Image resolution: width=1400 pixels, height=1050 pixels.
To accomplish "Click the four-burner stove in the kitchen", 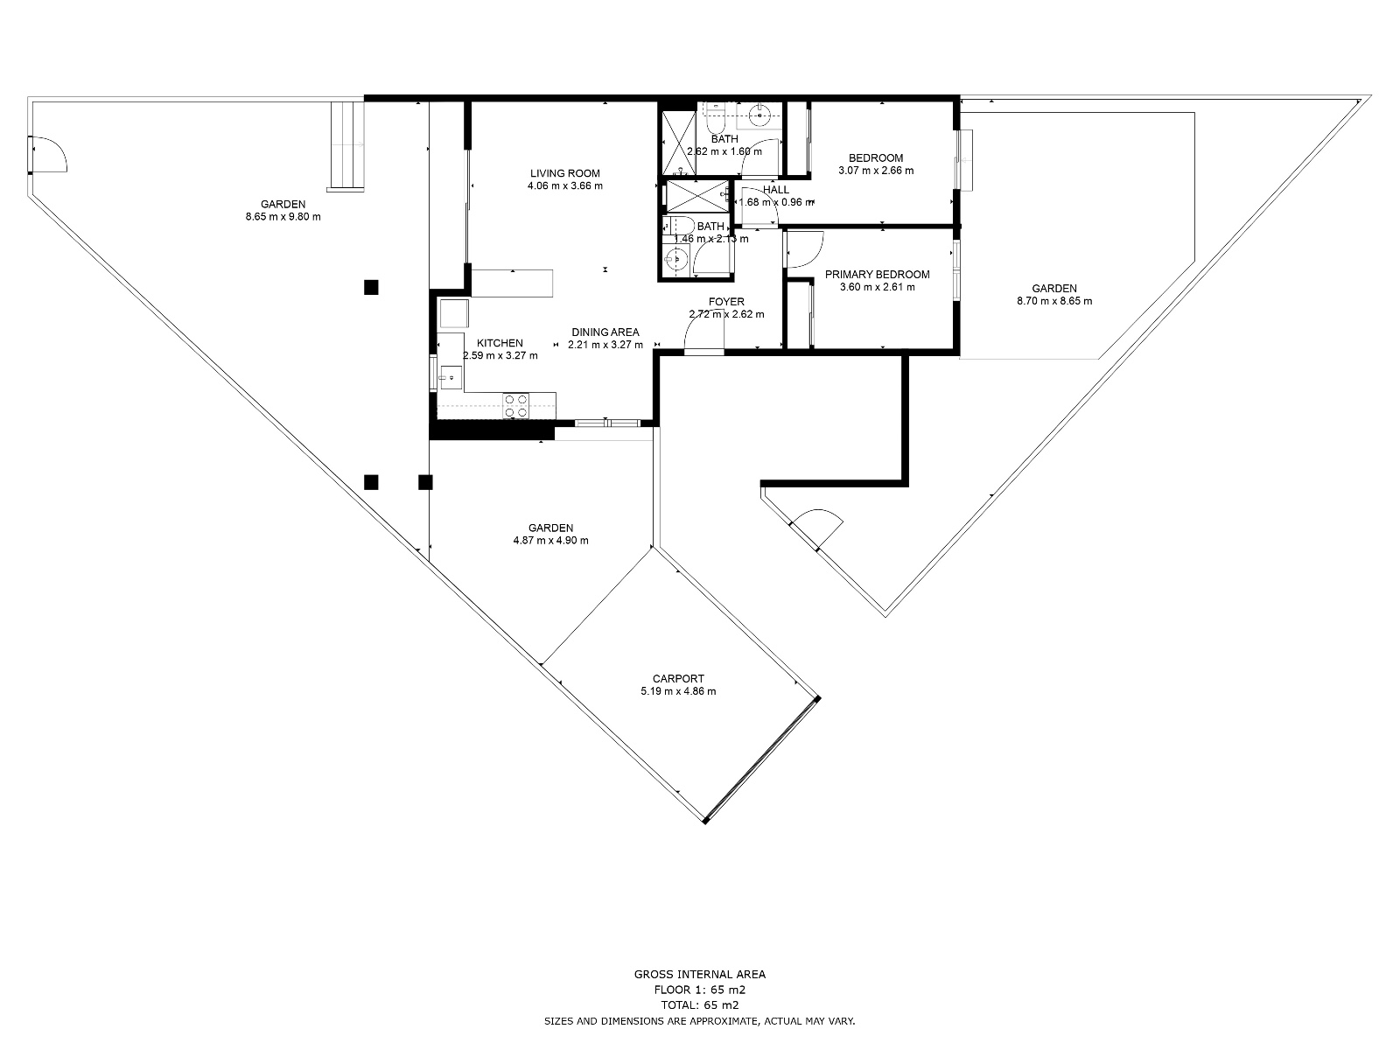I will pyautogui.click(x=515, y=406).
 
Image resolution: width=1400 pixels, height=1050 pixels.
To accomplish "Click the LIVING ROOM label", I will pyautogui.click(x=565, y=173).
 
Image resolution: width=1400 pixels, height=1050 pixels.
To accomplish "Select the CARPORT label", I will pyautogui.click(x=678, y=678).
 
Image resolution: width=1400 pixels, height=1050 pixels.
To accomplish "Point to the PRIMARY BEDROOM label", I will pyautogui.click(x=878, y=275).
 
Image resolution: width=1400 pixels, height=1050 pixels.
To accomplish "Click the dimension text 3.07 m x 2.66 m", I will pyautogui.click(x=876, y=171).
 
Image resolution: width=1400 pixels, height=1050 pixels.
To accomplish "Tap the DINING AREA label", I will pyautogui.click(x=605, y=332).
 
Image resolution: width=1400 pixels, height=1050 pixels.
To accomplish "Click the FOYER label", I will pyautogui.click(x=726, y=302).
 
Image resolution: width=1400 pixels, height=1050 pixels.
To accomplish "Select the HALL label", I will pyautogui.click(x=776, y=190).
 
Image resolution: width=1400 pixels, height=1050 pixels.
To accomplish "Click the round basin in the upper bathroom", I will pyautogui.click(x=761, y=112).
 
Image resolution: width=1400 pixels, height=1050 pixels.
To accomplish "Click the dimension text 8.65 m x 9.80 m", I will pyautogui.click(x=283, y=216).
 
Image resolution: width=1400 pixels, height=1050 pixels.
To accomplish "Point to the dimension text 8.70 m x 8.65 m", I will pyautogui.click(x=1054, y=301).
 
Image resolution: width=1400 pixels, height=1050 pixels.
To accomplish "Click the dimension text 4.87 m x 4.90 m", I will pyautogui.click(x=551, y=540).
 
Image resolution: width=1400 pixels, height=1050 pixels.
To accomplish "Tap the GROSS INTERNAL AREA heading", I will pyautogui.click(x=700, y=974).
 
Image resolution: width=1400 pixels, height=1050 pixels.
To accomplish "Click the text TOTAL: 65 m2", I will pyautogui.click(x=700, y=1005).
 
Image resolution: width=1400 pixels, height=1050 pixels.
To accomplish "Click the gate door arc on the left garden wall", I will pyautogui.click(x=48, y=156).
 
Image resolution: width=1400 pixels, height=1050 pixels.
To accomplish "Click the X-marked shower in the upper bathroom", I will pyautogui.click(x=677, y=142).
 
